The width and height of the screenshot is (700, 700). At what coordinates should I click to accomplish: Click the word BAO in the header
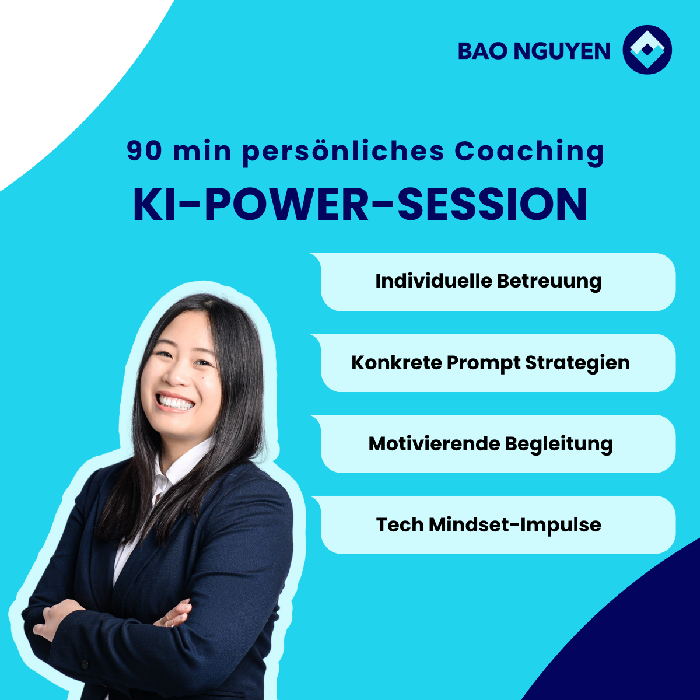(482, 51)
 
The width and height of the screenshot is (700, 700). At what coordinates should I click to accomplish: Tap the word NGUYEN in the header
(562, 51)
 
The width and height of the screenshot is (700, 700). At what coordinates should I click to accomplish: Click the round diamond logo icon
(647, 50)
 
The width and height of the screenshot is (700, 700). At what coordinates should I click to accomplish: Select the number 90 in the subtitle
(144, 150)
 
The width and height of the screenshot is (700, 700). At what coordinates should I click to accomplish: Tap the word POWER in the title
(286, 204)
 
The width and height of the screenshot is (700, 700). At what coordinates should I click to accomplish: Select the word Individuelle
(434, 281)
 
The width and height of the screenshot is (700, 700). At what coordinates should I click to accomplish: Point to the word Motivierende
(434, 444)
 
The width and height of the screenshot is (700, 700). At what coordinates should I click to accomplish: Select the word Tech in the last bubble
(400, 525)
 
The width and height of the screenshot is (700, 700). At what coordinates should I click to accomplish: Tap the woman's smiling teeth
(176, 402)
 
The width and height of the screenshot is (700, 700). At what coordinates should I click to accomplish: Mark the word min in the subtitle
(202, 151)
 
